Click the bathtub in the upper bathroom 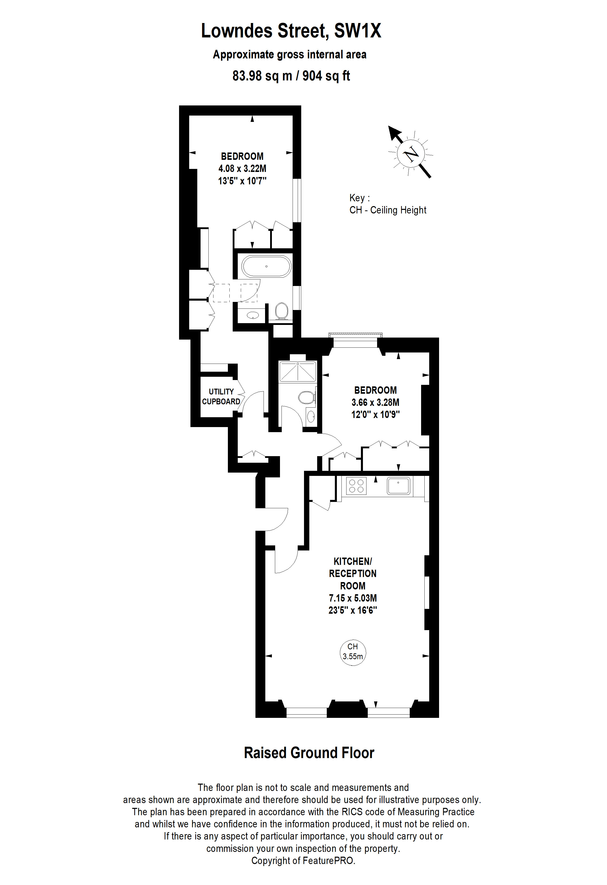tap(267, 266)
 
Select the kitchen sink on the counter tap(398, 486)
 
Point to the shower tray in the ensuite tap(298, 371)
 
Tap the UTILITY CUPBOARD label tap(221, 396)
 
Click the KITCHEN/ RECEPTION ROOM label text tap(353, 573)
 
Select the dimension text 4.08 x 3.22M tap(242, 168)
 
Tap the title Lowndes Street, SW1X tap(291, 31)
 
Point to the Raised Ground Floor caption tap(309, 753)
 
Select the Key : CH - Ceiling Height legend tap(388, 204)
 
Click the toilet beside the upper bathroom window tap(282, 311)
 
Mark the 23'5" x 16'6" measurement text tap(353, 610)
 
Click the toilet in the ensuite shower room tap(307, 398)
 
